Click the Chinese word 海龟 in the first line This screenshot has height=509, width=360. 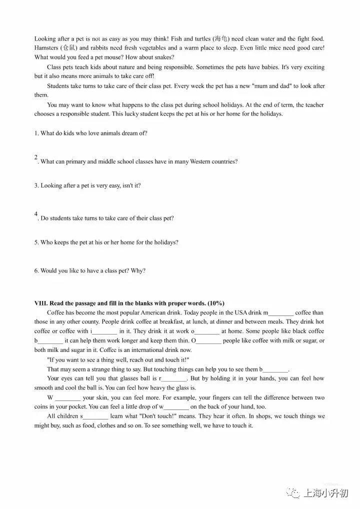point(220,38)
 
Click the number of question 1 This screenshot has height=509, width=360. point(36,133)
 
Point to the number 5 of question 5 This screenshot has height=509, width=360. point(36,242)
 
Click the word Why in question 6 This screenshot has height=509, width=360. point(137,271)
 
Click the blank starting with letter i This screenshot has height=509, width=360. point(105,331)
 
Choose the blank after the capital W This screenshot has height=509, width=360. point(67,397)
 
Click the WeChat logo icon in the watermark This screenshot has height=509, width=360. point(292,494)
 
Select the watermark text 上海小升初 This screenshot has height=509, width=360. point(325,494)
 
